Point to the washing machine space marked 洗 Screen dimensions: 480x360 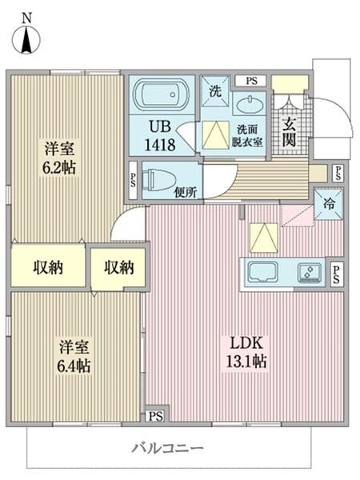(x=215, y=90)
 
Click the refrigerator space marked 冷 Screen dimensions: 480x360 (x=328, y=202)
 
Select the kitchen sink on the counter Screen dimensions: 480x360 (x=263, y=272)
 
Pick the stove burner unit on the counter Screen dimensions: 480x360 (x=309, y=273)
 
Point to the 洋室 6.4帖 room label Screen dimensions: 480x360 (x=74, y=357)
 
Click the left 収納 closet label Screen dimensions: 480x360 (x=48, y=266)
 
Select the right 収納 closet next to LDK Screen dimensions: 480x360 (x=118, y=266)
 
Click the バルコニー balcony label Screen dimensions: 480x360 (x=167, y=448)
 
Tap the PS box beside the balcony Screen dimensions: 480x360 (x=155, y=416)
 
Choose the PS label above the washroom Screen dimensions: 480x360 (x=251, y=80)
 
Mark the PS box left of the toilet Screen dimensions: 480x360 (x=132, y=178)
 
